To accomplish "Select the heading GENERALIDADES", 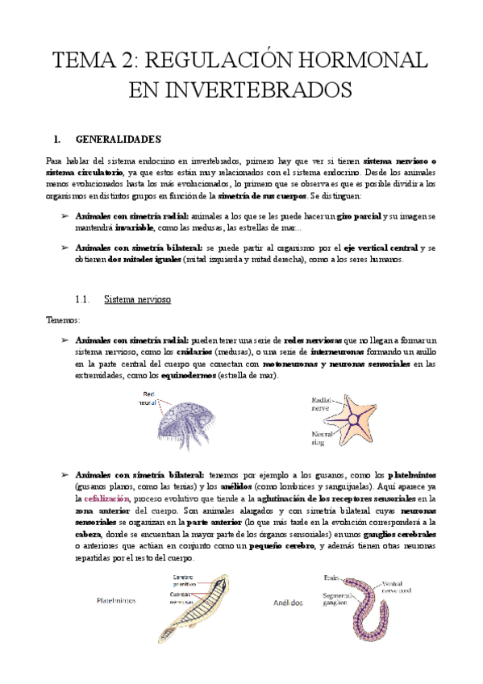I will tap(117, 139).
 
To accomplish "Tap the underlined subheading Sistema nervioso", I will tap(137, 299).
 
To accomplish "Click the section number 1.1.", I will tap(83, 299).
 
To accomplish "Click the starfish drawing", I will tap(358, 419).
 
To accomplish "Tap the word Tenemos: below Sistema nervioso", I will tap(64, 319).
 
